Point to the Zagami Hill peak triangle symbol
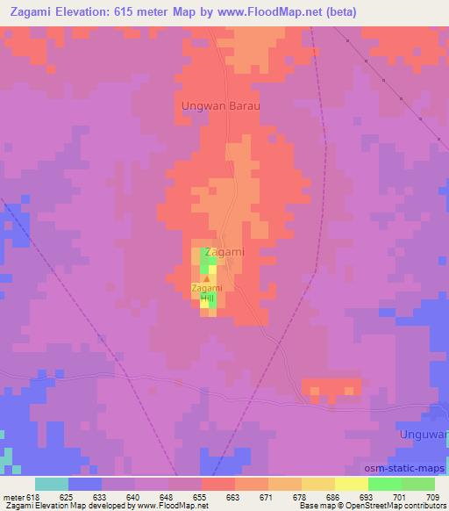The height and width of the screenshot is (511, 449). pos(207,278)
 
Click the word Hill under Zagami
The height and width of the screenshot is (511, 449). pos(207,299)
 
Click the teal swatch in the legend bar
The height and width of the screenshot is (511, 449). pos(52,484)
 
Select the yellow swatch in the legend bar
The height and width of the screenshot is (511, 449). pos(352,484)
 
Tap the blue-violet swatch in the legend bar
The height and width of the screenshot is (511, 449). pos(85,484)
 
